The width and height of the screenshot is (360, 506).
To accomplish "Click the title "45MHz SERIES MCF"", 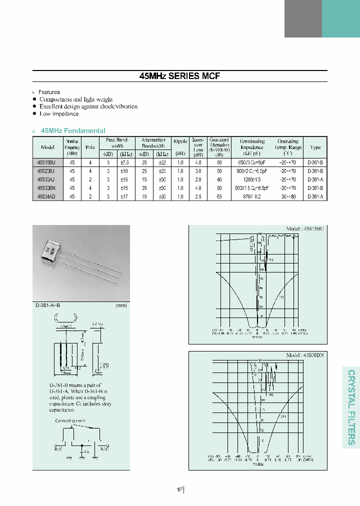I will [179, 76].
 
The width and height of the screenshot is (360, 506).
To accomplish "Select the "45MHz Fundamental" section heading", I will [73, 130].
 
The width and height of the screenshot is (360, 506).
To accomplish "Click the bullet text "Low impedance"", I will [59, 114].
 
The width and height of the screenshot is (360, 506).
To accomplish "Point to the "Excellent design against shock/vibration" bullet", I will [88, 106].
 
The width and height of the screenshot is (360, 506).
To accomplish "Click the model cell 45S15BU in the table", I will [47, 162].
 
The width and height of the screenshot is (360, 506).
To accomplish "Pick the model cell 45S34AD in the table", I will [47, 196].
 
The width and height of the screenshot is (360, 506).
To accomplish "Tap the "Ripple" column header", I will [180, 141].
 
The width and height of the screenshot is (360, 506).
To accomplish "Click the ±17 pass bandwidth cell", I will [125, 196].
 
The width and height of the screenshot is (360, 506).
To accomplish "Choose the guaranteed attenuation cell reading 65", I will [218, 196].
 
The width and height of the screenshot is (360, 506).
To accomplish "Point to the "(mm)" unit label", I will [121, 305].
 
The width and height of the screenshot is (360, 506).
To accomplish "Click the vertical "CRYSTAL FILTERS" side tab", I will [351, 407].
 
